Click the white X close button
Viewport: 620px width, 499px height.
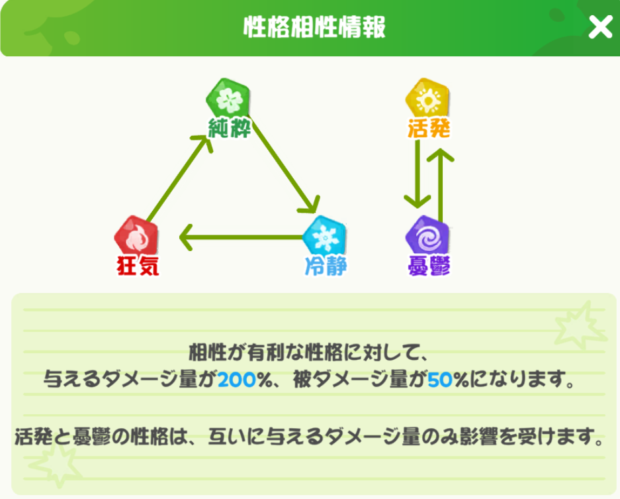point(600,27)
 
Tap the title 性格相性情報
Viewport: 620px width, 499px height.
point(314,27)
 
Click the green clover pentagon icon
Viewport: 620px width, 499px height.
point(228,98)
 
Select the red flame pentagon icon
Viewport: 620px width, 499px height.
point(136,236)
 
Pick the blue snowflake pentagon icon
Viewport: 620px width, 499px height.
point(325,236)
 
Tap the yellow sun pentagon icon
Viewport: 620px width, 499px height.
point(428,98)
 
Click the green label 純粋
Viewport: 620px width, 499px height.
point(230,129)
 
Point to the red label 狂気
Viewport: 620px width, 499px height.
point(138,265)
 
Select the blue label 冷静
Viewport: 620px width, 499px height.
point(326,265)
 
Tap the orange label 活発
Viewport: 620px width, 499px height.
point(429,129)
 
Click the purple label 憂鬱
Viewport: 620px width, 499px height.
point(429,265)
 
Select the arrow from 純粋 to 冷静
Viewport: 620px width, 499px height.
point(285,165)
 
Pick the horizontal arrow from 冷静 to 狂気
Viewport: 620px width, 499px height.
point(242,238)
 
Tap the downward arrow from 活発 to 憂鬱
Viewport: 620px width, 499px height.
point(418,174)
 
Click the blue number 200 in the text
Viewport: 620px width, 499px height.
point(237,380)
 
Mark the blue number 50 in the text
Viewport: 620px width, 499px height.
point(440,380)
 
